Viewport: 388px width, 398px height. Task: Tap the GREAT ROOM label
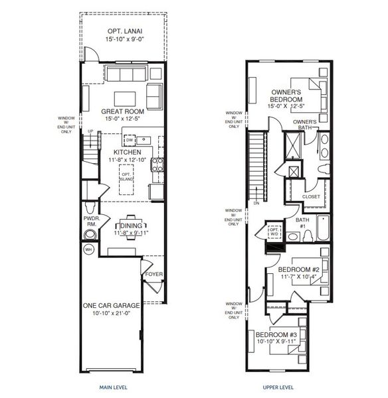click(x=123, y=111)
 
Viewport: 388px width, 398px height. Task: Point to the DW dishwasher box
click(x=130, y=140)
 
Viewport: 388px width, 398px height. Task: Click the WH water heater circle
click(x=88, y=249)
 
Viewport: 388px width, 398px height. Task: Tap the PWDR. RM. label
click(x=91, y=220)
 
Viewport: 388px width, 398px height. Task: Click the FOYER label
click(x=154, y=274)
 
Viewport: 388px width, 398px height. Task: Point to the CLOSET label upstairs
click(x=311, y=196)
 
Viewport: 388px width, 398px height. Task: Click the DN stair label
click(x=256, y=204)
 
